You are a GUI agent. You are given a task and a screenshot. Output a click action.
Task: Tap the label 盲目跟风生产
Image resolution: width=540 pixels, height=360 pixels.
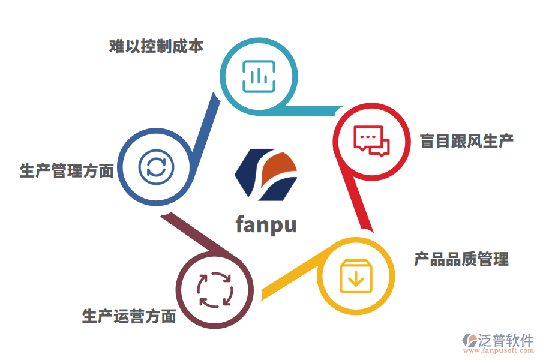[x=467, y=141]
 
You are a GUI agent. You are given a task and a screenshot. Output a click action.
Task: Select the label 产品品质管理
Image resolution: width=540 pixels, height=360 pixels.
[x=461, y=259]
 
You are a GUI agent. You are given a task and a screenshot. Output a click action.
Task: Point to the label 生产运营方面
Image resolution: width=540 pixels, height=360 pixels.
[x=129, y=316]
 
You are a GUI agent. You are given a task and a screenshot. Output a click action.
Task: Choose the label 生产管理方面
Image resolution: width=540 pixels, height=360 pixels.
[x=67, y=171]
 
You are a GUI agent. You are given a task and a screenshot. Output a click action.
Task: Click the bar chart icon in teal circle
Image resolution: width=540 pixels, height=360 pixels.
[x=259, y=76]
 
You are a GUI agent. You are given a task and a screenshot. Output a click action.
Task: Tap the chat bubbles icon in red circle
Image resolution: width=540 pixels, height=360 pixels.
[x=371, y=142]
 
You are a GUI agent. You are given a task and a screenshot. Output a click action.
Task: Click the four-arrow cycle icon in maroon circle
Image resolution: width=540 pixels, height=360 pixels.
[x=214, y=290]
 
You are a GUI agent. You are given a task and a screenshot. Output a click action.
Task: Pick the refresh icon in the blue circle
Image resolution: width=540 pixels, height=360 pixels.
[x=156, y=166]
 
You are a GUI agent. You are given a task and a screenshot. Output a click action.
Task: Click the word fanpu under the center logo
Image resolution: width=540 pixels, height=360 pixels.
[x=266, y=224]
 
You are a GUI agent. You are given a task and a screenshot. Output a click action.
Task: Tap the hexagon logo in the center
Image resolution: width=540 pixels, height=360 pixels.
[x=266, y=175]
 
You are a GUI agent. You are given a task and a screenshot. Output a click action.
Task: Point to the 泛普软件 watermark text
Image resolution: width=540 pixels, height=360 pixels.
[x=506, y=341]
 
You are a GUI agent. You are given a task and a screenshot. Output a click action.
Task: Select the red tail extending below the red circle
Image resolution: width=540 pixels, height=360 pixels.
[x=359, y=204]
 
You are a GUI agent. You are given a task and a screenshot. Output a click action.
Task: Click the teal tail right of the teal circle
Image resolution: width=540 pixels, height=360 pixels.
[x=318, y=110]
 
